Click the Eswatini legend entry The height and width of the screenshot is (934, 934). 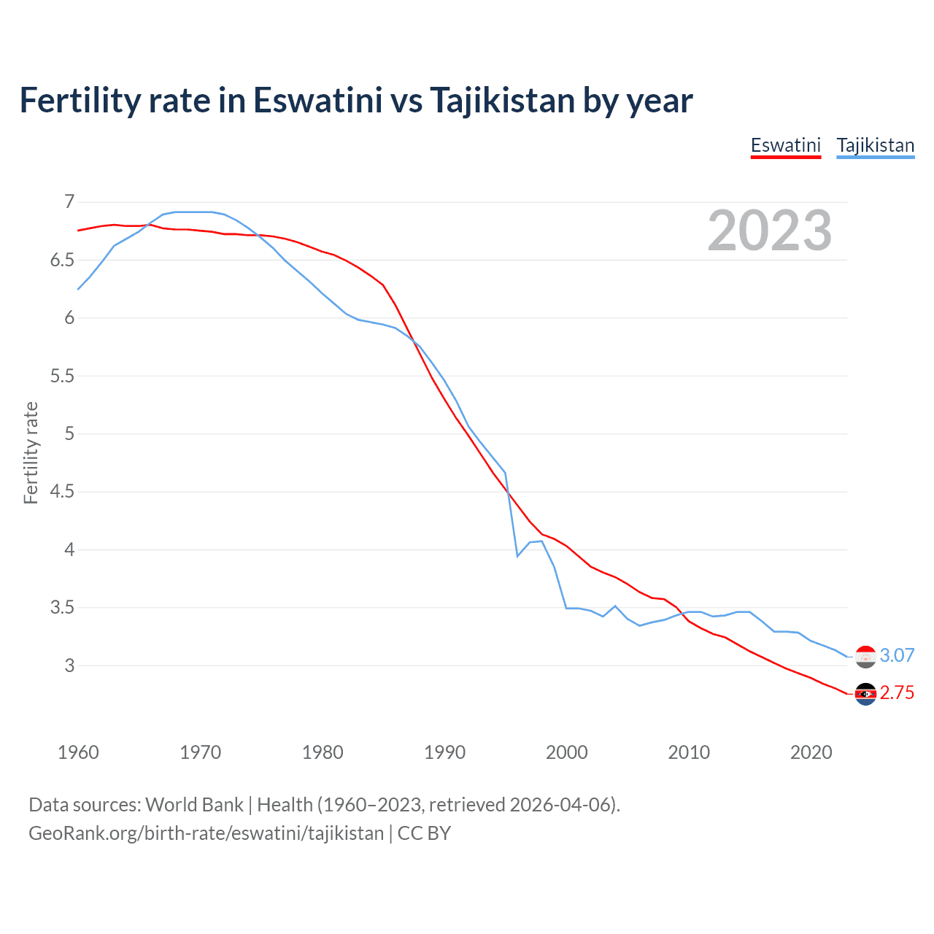[x=786, y=145]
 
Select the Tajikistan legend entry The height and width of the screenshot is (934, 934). [x=875, y=145]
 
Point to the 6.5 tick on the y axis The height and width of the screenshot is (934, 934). [x=62, y=260]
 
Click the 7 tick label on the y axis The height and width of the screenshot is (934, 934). [x=69, y=202]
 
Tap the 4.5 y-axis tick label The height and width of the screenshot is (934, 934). [x=62, y=492]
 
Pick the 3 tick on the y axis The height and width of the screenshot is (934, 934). [x=69, y=665]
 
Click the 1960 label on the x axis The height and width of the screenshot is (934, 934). [x=78, y=752]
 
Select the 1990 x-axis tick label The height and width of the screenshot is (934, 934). [x=444, y=752]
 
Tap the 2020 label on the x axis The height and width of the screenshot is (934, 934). [x=811, y=752]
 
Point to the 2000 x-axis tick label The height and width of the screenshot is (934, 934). [x=566, y=752]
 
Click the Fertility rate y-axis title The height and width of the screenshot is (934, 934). [x=31, y=452]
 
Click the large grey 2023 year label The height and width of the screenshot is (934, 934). [x=769, y=231]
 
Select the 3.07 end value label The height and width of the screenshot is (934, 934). [x=897, y=655]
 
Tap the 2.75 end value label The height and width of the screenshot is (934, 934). [x=897, y=692]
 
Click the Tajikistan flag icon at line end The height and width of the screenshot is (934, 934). [x=865, y=657]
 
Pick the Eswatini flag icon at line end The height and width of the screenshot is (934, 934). [x=865, y=694]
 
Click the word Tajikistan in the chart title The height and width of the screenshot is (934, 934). [x=502, y=100]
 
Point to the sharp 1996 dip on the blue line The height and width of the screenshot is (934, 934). [x=517, y=556]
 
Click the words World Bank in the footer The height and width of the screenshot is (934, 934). [x=194, y=805]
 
